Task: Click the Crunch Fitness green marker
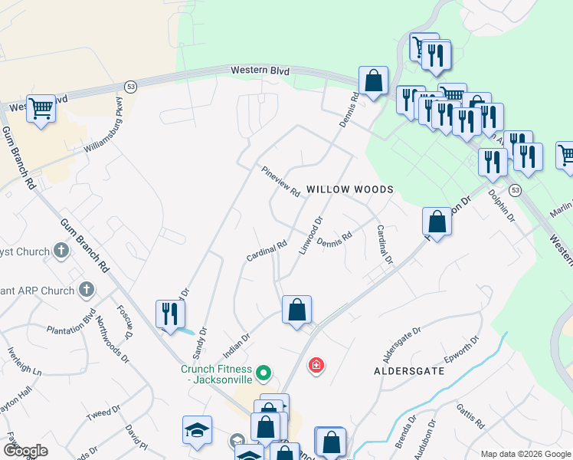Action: (x=264, y=373)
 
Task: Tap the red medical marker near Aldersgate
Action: (x=315, y=366)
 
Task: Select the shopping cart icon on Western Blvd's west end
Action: (x=41, y=109)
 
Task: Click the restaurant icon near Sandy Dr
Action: (x=170, y=313)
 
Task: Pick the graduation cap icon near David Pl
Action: (x=197, y=430)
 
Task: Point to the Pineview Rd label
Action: (x=280, y=182)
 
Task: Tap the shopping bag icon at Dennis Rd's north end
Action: (x=373, y=80)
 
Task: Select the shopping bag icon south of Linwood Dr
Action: (x=296, y=310)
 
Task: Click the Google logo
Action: (x=26, y=451)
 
